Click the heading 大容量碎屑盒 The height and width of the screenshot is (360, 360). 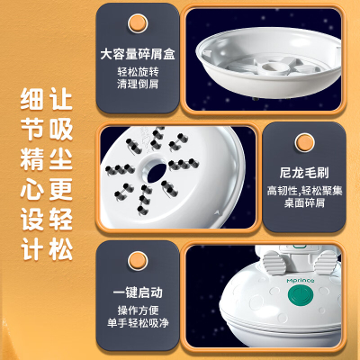click(x=138, y=54)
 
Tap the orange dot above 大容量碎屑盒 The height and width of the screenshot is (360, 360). click(x=138, y=23)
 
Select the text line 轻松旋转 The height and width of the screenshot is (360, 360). click(x=138, y=72)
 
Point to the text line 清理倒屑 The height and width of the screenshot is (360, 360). click(x=138, y=84)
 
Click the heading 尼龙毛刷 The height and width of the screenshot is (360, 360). click(x=304, y=173)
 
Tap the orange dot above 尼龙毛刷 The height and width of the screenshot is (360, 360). click(x=304, y=142)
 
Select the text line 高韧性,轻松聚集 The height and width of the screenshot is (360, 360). click(x=304, y=191)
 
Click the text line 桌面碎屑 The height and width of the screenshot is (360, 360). click(x=304, y=202)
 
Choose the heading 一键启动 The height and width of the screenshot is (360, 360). click(x=138, y=292)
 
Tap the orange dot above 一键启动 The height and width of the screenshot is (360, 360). click(x=138, y=261)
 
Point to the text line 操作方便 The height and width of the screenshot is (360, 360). click(x=138, y=310)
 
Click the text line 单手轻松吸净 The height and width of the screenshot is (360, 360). click(x=138, y=323)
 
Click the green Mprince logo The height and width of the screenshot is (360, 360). click(x=301, y=281)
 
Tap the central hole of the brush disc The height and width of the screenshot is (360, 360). click(x=157, y=173)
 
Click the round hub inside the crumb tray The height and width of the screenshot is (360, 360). click(x=274, y=68)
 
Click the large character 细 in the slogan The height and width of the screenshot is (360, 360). click(x=32, y=99)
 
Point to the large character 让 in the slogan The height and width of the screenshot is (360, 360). click(x=61, y=99)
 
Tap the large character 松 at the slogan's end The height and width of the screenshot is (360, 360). click(x=61, y=249)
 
